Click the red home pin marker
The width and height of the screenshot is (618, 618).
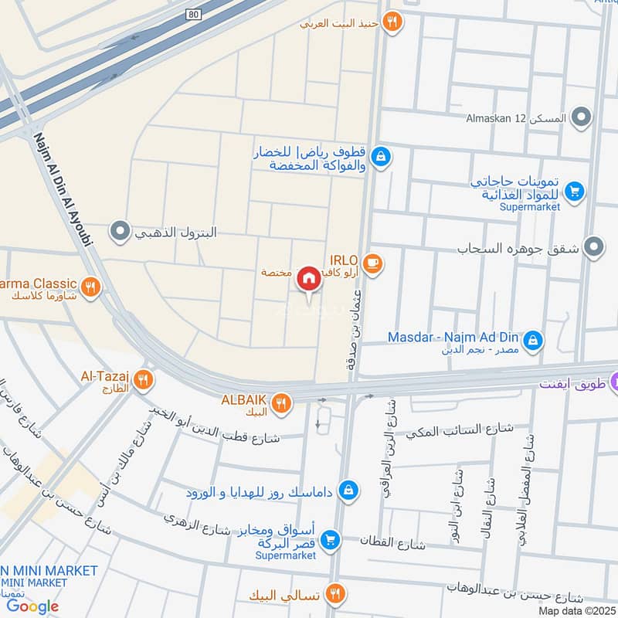tap(309, 279)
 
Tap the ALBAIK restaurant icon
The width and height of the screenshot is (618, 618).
tap(281, 402)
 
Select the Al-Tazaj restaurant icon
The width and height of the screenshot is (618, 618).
tap(143, 379)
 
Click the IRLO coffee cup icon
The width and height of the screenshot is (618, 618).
tap(373, 264)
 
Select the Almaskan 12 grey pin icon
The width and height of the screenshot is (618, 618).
tap(583, 119)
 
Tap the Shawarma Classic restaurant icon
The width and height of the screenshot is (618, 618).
tap(92, 287)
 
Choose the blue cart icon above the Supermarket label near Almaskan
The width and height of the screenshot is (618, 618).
tap(574, 190)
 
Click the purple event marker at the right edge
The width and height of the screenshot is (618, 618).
tap(614, 382)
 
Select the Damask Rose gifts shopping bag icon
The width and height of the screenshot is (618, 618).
tap(349, 491)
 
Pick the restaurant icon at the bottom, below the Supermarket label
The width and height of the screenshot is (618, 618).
tap(334, 594)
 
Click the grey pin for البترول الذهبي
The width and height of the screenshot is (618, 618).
tap(120, 231)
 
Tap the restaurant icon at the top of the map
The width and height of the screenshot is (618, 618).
tap(393, 23)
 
